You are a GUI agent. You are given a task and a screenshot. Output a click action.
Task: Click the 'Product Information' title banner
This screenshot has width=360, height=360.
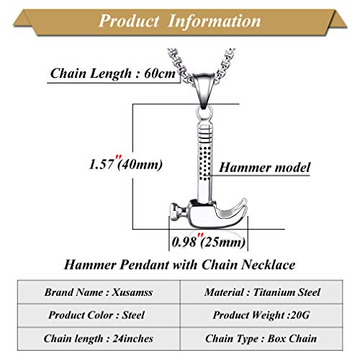(x=179, y=19)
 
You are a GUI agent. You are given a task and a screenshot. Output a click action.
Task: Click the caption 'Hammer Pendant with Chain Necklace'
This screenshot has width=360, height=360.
(x=179, y=266)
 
